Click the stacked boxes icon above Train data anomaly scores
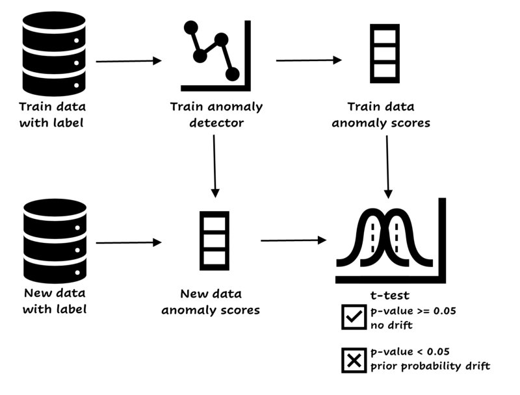384,53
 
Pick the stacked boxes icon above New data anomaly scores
214,238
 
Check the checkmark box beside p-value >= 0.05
354,317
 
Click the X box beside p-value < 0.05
354,361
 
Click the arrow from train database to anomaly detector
128,62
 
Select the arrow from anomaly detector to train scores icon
309,60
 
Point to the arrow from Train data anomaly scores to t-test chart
388,166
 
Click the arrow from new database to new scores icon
128,243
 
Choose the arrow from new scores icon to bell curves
293,241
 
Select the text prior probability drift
430,366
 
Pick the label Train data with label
53,114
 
